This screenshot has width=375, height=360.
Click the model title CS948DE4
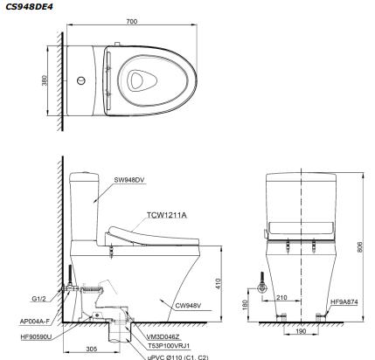click(28, 5)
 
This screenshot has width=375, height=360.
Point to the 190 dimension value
click(301, 333)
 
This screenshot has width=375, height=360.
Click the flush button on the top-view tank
click(81, 81)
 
